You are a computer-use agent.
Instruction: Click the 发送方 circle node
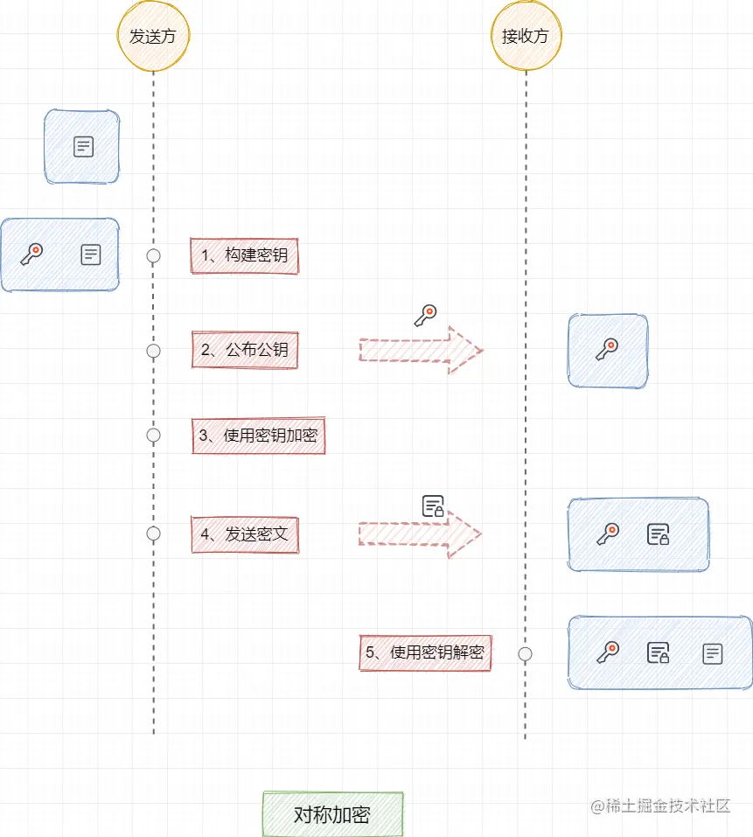coord(153,36)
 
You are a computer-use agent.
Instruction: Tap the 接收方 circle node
coord(526,36)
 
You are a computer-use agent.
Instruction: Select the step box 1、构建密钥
coord(245,255)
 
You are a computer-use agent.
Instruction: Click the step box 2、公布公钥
coord(245,350)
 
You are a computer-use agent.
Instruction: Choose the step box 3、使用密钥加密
coord(259,435)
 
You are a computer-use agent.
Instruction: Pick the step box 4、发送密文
coord(245,534)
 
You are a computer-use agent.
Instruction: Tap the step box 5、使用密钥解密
coord(425,652)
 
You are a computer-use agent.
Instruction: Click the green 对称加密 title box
coord(332,814)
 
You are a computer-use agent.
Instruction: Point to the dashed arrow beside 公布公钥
coord(420,350)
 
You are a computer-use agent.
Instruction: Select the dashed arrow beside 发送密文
coord(420,534)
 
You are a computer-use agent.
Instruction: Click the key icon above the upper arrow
coord(425,316)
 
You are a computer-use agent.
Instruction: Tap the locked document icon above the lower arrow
coord(433,506)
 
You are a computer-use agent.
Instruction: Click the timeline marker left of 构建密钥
coord(154,255)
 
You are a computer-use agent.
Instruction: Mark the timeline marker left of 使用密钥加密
coord(154,435)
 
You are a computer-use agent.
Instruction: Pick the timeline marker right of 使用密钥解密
coord(526,653)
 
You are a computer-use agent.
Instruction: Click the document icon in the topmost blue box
coord(83,147)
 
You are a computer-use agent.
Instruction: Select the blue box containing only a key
coord(608,351)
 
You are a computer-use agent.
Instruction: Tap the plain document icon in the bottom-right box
coord(713,652)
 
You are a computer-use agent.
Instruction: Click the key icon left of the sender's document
coord(31,255)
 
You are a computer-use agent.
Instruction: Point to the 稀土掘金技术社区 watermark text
coord(660,806)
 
